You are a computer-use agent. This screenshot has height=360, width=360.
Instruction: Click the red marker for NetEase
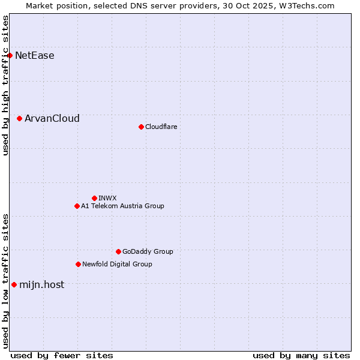(x=10, y=56)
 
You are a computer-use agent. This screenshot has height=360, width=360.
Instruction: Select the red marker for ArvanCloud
(x=20, y=119)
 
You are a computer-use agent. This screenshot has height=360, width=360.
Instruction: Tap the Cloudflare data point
(x=141, y=127)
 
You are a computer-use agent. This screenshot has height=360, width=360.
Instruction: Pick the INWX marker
(x=94, y=198)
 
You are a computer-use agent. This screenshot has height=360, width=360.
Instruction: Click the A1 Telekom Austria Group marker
(x=77, y=206)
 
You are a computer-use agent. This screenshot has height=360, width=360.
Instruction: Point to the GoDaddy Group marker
(x=118, y=251)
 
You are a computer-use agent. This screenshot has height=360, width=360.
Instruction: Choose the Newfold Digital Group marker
(x=78, y=264)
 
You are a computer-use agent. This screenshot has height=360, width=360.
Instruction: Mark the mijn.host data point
(x=14, y=284)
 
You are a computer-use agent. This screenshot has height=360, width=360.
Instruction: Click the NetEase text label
(x=35, y=56)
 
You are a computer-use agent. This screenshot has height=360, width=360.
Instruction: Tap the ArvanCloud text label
(x=52, y=119)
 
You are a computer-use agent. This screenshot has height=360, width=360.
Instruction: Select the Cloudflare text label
(x=161, y=127)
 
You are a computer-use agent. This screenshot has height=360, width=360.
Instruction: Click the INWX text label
(x=107, y=198)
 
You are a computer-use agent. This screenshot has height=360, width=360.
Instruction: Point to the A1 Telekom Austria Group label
(x=122, y=206)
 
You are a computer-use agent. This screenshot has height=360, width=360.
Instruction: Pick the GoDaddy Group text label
(x=148, y=251)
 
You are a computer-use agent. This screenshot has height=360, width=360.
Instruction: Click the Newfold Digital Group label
(x=117, y=264)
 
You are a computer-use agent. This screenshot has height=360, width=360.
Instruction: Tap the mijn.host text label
(x=41, y=284)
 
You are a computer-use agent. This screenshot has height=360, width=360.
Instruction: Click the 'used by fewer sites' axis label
(x=62, y=355)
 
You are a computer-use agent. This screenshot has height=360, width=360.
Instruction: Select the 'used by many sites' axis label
(x=301, y=355)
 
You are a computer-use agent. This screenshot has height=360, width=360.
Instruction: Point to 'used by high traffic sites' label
(x=5, y=86)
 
